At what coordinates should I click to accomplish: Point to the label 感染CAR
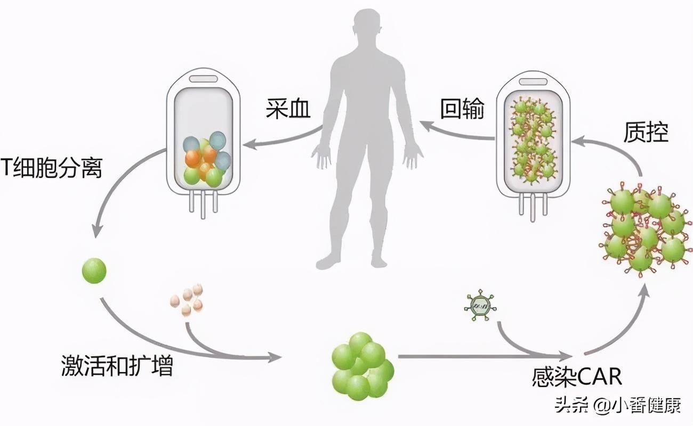pyautogui.click(x=577, y=376)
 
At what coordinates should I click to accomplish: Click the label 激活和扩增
pyautogui.click(x=117, y=367)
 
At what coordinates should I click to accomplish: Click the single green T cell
pyautogui.click(x=94, y=271)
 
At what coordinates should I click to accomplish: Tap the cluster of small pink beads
pyautogui.click(x=187, y=299)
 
